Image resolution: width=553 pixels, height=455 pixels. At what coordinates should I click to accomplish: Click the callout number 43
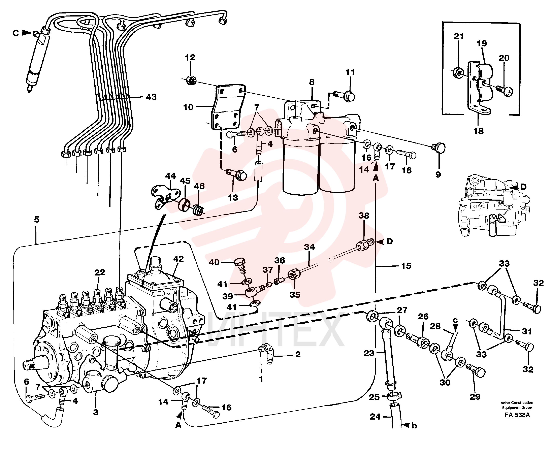(151, 97)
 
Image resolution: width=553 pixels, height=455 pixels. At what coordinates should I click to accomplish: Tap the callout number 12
(190, 57)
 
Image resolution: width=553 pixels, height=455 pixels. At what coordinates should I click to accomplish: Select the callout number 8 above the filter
(312, 82)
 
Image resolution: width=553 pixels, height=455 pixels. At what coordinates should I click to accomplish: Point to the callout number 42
(178, 259)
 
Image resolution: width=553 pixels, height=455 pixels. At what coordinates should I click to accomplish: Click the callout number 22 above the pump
(100, 272)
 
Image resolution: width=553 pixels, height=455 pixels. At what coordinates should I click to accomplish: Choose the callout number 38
(364, 216)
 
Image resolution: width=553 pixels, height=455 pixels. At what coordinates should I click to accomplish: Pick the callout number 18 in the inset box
(478, 131)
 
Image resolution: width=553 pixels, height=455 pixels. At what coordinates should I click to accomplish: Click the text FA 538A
(517, 415)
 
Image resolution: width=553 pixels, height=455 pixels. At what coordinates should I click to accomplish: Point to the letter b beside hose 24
(414, 425)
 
